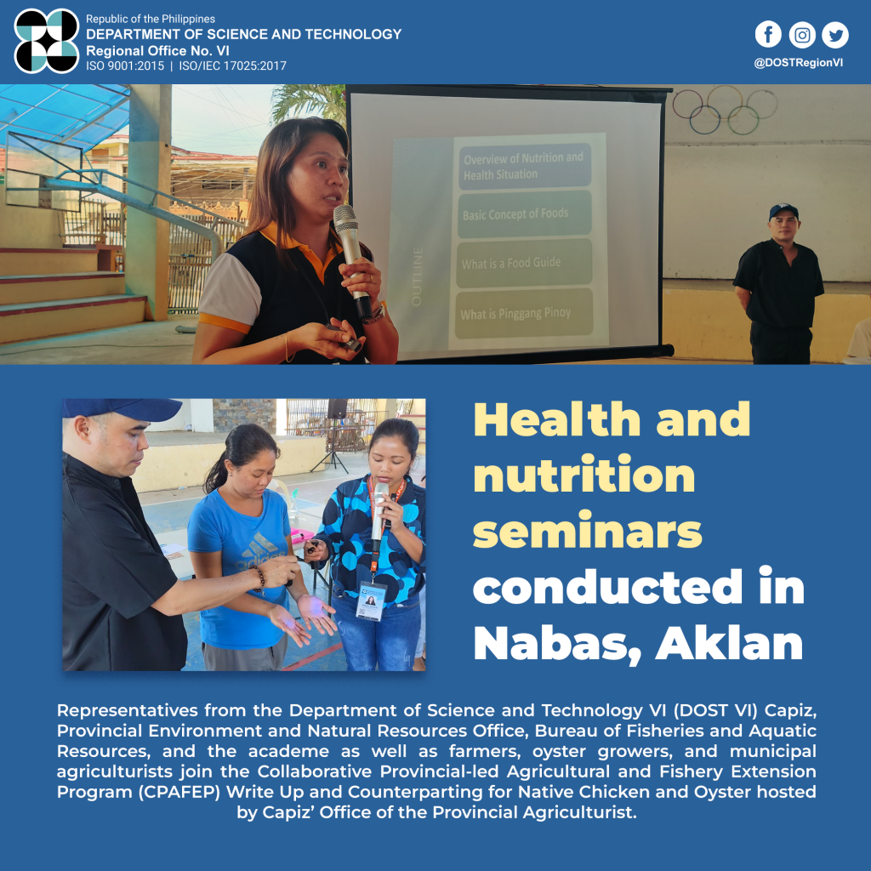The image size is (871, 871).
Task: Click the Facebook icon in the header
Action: click(768, 34)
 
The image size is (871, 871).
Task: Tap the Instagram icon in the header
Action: click(802, 34)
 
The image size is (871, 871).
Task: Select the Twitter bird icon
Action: click(835, 34)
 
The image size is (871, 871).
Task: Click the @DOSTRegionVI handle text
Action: click(798, 63)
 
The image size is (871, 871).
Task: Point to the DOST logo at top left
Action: click(47, 41)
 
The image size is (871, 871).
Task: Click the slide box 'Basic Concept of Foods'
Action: click(525, 213)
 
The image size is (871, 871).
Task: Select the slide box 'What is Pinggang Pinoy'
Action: click(524, 314)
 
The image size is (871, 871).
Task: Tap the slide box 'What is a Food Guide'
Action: click(524, 264)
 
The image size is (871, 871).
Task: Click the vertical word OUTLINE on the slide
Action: click(417, 276)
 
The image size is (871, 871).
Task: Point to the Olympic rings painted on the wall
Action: click(725, 110)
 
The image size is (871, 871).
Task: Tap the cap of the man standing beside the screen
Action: click(783, 211)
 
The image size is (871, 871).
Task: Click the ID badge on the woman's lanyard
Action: click(371, 601)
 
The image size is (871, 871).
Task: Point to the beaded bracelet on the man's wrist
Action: click(259, 579)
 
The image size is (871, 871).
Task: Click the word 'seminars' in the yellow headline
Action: click(587, 532)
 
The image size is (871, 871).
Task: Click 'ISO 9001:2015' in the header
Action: click(125, 66)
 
